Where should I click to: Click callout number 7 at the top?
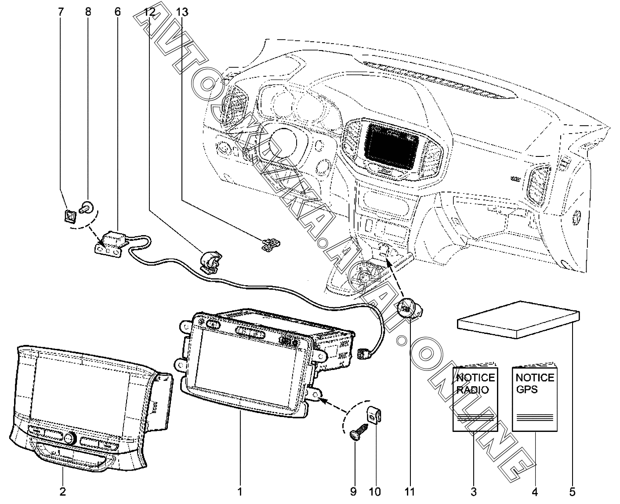(x=61, y=11)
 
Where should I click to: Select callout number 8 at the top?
(x=88, y=11)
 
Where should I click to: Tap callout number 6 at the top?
(x=117, y=11)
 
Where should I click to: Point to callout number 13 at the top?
(x=181, y=12)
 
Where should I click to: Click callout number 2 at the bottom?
(x=62, y=491)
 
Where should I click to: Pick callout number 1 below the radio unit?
(x=240, y=491)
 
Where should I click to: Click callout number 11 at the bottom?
(x=410, y=491)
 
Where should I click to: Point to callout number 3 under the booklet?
(x=474, y=491)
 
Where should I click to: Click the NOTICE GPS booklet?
(x=534, y=398)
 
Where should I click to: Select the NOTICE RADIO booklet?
(x=475, y=398)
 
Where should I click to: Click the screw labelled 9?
(x=356, y=430)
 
